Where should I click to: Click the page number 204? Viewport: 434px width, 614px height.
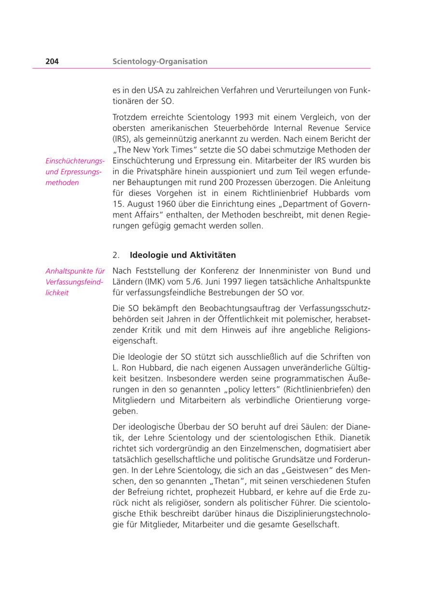[x=52, y=61]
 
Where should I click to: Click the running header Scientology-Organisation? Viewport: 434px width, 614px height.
[x=160, y=61]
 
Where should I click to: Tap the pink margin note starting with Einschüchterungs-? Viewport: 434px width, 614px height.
[x=75, y=172]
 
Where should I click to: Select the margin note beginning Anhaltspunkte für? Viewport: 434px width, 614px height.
[x=75, y=282]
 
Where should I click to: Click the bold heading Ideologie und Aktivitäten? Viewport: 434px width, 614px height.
[x=183, y=255]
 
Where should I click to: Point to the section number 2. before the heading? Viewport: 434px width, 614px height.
[x=116, y=255]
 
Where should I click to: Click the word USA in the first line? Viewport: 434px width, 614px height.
[x=153, y=90]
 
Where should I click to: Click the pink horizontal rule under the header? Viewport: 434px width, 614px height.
[x=202, y=68]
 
